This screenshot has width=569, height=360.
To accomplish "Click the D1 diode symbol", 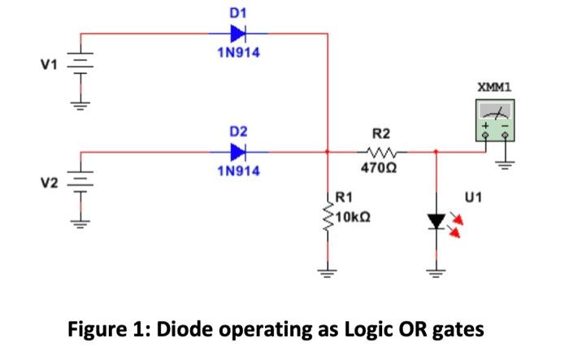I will click(238, 34).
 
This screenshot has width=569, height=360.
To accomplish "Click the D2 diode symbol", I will click(238, 151).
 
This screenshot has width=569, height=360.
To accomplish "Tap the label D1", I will click(237, 12).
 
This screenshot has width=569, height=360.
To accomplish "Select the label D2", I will click(237, 130).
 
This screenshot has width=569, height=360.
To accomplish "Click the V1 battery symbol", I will click(82, 63).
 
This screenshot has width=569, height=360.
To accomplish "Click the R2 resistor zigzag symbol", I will click(381, 151).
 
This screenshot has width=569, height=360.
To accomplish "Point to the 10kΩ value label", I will click(352, 217).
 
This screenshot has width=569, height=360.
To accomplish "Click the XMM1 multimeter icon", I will click(495, 120).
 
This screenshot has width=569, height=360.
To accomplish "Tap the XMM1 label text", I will click(494, 86).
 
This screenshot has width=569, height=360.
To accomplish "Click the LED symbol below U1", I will click(437, 221).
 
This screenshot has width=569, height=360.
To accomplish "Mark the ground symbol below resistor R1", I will click(328, 274).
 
